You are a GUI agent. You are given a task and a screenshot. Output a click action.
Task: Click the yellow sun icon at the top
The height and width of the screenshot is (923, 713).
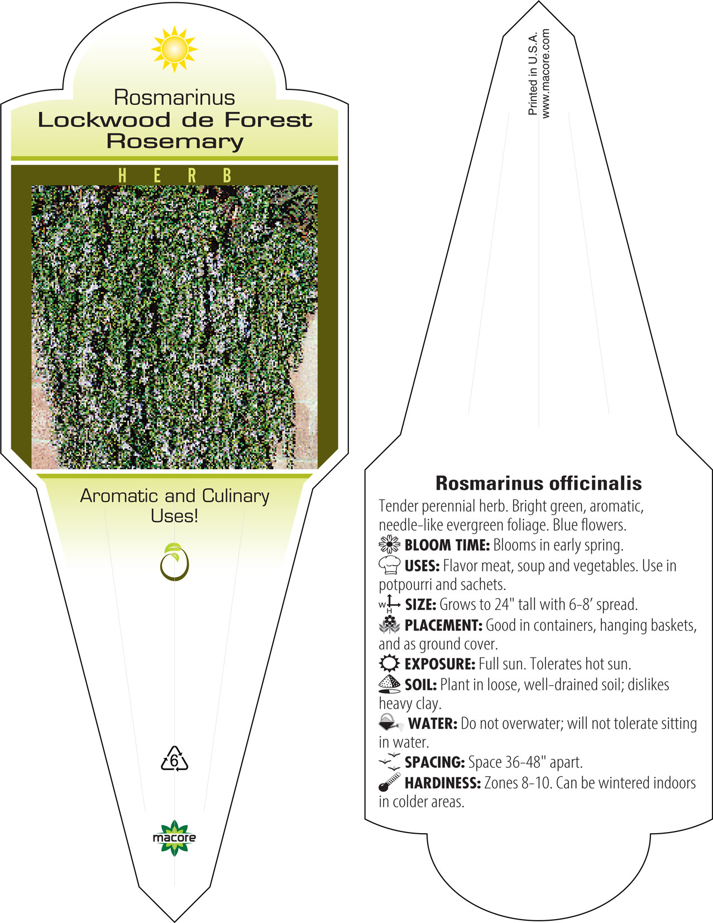coord(174,49)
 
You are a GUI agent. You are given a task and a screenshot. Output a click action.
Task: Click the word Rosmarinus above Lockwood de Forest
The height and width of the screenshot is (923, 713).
coord(174,97)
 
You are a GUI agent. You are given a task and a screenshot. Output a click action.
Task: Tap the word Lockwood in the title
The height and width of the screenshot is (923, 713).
coord(104,120)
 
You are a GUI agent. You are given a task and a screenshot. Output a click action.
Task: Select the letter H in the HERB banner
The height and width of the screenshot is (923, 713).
coord(122,175)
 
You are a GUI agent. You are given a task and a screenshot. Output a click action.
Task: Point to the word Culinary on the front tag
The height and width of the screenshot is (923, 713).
coord(236,497)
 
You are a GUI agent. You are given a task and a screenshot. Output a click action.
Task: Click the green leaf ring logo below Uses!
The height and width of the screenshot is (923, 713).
coord(174,561)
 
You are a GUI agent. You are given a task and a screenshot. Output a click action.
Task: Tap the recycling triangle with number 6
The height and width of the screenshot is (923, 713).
coord(174,758)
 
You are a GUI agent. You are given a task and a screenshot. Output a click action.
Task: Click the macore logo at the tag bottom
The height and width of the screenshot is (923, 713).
coord(174,838)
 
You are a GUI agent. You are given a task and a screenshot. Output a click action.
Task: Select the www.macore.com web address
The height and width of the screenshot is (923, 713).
coord(545,74)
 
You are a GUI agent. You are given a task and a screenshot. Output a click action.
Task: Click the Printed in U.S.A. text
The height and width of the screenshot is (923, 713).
coord(533,74)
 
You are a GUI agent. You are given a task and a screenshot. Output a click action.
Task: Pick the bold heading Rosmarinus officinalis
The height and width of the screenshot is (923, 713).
coord(538,483)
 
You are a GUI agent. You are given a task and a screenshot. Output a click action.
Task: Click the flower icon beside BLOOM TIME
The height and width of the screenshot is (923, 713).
coord(389,544)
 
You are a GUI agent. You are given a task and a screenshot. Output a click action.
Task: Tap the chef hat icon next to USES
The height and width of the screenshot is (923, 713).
coord(389,565)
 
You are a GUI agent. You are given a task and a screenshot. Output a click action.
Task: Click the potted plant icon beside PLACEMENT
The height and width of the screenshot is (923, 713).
coord(389,624)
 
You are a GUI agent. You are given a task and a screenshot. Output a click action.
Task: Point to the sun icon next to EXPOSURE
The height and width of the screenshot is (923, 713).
coord(389,663)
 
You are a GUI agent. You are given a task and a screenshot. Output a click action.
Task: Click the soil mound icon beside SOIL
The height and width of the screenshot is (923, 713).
coord(389,684)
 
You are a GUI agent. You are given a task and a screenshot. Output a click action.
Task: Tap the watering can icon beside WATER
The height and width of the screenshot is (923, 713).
coord(391,723)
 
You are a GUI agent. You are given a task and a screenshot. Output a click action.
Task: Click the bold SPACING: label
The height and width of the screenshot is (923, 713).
coord(435,762)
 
